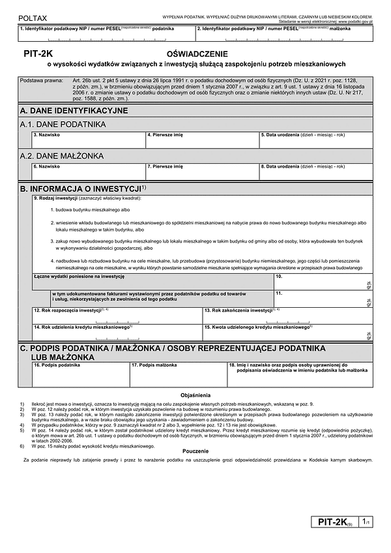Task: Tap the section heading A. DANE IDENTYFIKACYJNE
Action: pyautogui.click(x=74, y=111)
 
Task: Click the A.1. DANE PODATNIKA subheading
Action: pyautogui.click(x=63, y=124)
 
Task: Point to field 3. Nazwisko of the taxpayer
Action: pyautogui.click(x=88, y=140)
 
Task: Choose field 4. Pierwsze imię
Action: pyautogui.click(x=202, y=140)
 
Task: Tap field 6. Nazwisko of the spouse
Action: pyautogui.click(x=88, y=172)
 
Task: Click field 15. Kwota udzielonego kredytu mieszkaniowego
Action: pyautogui.click(x=287, y=333)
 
